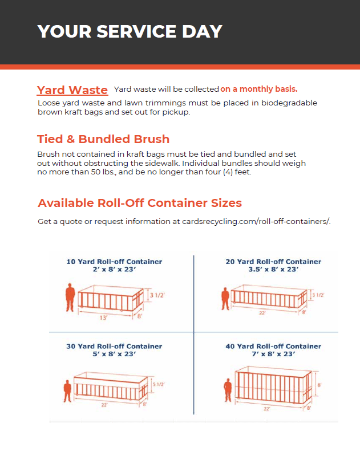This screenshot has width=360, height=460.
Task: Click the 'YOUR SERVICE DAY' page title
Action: click(x=130, y=31)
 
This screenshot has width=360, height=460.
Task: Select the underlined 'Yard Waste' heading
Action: click(x=72, y=90)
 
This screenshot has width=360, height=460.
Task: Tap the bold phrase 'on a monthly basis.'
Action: click(x=259, y=89)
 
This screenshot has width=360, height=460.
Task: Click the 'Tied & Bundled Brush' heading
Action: click(x=103, y=139)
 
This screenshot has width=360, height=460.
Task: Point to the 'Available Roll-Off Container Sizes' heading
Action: click(x=140, y=203)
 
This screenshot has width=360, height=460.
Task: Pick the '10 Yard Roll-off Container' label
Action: click(x=114, y=262)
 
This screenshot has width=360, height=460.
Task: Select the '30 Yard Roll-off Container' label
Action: click(x=114, y=346)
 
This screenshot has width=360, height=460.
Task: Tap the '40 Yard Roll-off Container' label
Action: click(x=273, y=346)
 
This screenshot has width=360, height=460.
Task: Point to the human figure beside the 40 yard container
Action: click(x=228, y=390)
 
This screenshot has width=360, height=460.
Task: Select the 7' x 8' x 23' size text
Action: click(x=273, y=354)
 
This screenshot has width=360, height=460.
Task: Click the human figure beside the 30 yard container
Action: click(x=67, y=392)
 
